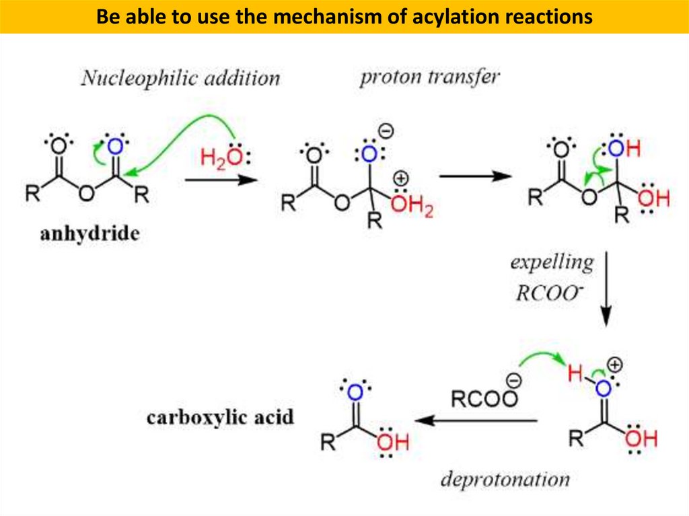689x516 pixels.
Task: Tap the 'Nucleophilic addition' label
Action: (x=180, y=78)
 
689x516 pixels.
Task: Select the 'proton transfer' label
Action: (x=430, y=76)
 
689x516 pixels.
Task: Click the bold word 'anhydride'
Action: (x=89, y=234)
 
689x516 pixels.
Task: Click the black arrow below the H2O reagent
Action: (x=221, y=180)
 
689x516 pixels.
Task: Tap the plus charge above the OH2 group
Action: (x=401, y=180)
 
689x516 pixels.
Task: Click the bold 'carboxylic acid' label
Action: (x=220, y=417)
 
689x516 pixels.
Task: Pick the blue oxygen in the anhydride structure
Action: (x=115, y=147)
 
